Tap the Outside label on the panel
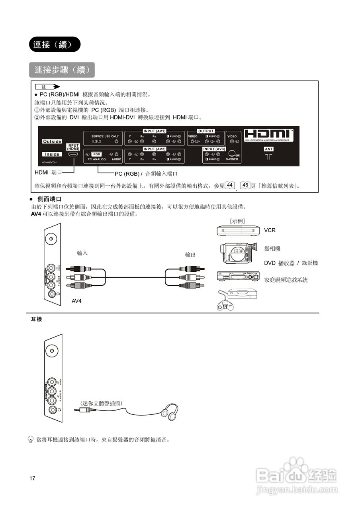pos(52,141)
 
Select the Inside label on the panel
pos(52,154)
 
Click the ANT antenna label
pos(269,149)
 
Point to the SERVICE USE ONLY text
pos(105,136)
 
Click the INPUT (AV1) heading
pos(155,131)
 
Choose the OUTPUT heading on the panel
pos(206,131)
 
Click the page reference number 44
pos(230,185)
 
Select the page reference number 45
pos(246,185)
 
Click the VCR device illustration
pos(238,230)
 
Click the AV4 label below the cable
pos(76,301)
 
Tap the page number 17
pos(32,479)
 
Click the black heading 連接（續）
pos(55,45)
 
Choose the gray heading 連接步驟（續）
pos(62,70)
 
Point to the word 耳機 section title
pos(37,320)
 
